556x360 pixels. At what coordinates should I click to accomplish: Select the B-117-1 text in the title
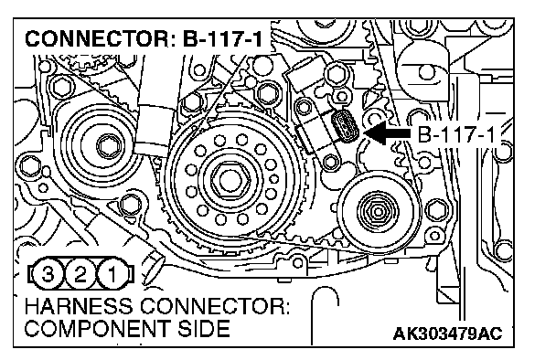click(223, 38)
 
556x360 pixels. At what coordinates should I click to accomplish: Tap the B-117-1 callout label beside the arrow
click(456, 134)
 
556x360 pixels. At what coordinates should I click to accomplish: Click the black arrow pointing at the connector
click(387, 132)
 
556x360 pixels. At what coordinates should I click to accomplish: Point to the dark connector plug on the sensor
click(345, 126)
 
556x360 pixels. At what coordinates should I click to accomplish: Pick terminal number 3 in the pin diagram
click(48, 273)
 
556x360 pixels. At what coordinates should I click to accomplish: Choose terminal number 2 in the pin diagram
click(80, 273)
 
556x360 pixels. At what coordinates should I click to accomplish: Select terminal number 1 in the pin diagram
click(112, 273)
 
